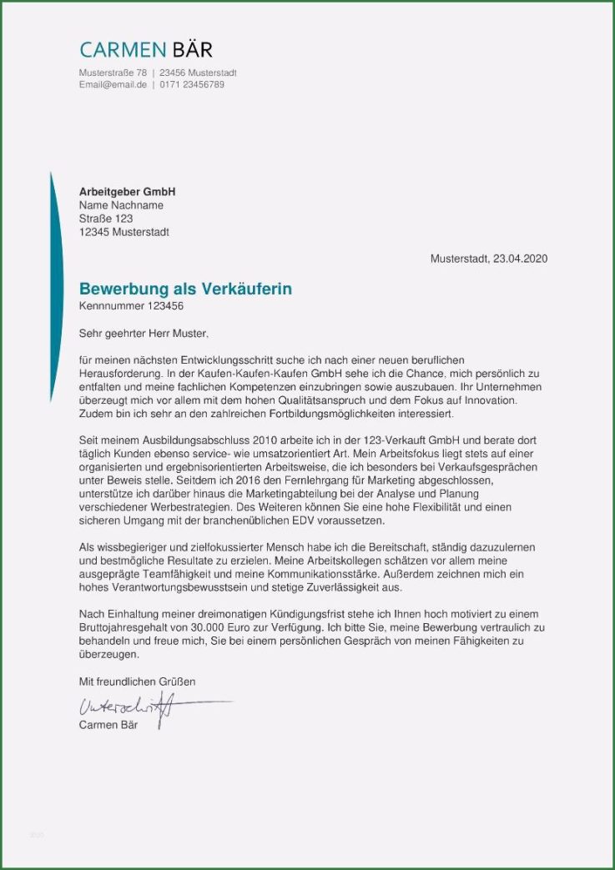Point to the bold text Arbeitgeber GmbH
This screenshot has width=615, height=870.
pos(127,192)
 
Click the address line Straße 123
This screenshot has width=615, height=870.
pos(106,219)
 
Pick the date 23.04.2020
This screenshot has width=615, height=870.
pos(520,259)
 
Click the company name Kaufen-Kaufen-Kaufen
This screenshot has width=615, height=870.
pos(250,373)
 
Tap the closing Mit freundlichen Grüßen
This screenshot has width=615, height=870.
pos(137,681)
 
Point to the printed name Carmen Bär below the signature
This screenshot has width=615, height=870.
pos(108,725)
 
